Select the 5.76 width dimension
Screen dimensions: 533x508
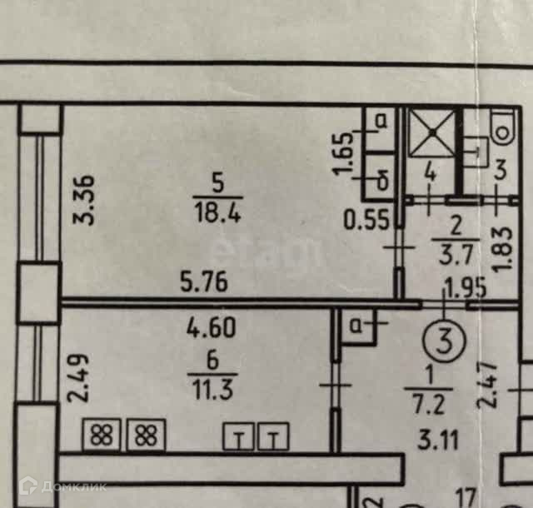pos(204,282)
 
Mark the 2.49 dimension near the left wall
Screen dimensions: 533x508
pos(76,378)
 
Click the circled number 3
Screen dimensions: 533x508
pos(444,339)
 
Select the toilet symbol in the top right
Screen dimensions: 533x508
pos(503,128)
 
